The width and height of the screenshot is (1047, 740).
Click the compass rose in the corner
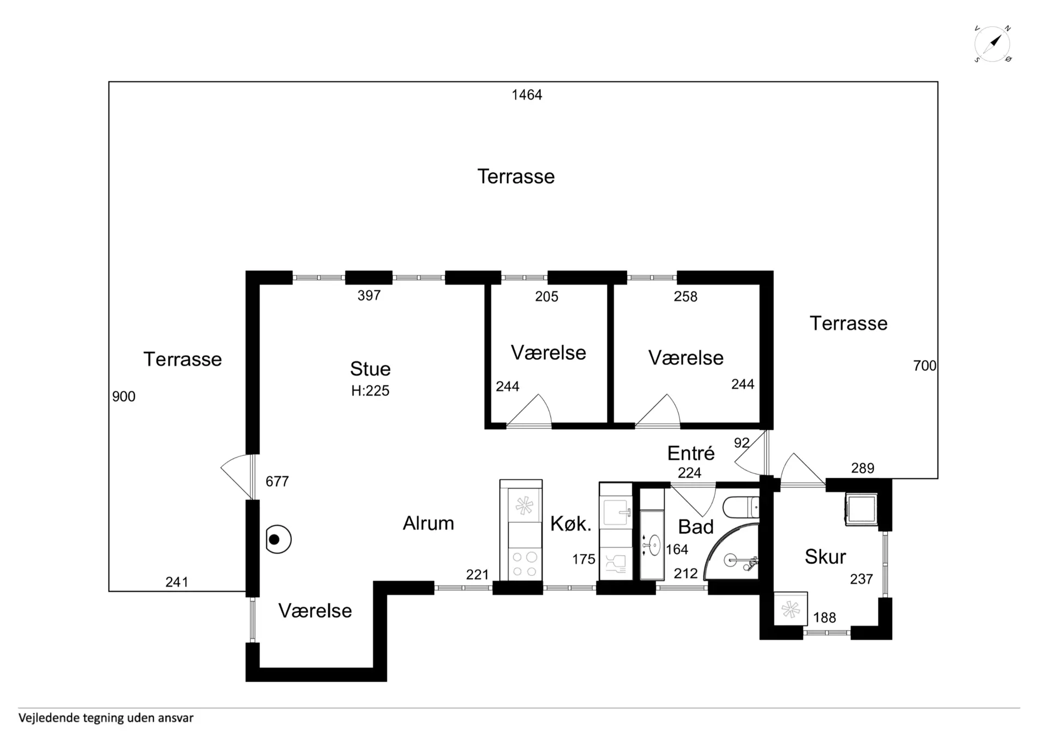[x=992, y=44]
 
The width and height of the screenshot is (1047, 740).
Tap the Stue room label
[x=370, y=369]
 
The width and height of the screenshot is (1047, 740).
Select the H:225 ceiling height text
[x=370, y=390]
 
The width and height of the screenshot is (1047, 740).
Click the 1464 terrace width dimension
[x=527, y=95]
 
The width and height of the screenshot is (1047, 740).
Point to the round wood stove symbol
[x=278, y=539]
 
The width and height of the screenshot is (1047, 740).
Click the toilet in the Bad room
[x=741, y=508]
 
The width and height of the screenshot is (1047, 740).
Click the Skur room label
[x=825, y=557]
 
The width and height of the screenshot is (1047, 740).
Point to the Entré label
[x=691, y=453]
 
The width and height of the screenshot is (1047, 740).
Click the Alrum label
[x=429, y=524]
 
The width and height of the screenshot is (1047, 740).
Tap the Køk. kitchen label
[x=571, y=524]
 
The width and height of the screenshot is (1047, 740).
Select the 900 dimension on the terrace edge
[x=124, y=396]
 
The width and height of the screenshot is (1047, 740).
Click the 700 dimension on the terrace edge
[x=925, y=366]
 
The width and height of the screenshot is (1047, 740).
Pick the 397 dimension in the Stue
[x=369, y=296]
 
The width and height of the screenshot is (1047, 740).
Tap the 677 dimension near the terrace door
[x=277, y=482]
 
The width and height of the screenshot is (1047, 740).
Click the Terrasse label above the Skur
[x=849, y=323]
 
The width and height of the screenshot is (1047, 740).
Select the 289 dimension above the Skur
[x=863, y=468]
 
